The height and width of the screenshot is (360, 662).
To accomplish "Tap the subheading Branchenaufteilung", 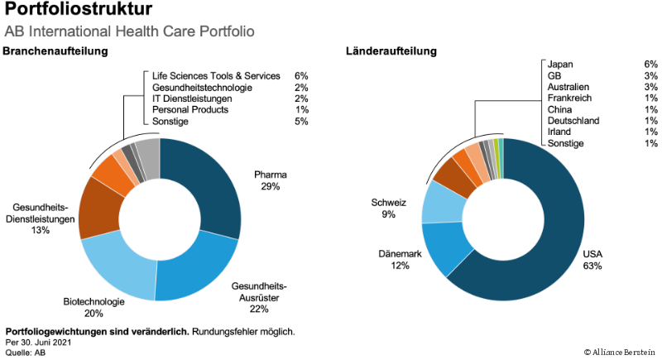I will click(x=56, y=52).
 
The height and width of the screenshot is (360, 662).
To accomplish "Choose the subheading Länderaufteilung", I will click(x=391, y=52).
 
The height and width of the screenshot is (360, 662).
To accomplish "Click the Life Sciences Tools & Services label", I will click(x=217, y=75).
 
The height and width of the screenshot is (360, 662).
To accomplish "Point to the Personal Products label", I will click(x=190, y=110).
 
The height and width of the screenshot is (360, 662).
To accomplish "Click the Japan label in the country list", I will click(x=560, y=64).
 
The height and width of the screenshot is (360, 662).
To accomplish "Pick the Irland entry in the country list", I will click(x=560, y=132).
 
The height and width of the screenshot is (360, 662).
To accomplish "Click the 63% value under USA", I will click(x=592, y=266).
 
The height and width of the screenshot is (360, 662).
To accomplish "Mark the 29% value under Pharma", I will click(x=270, y=187).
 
